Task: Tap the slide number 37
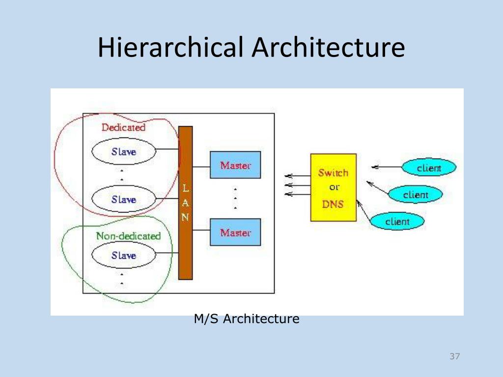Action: (x=454, y=356)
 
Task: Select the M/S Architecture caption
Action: (x=247, y=319)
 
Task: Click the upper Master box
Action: (x=235, y=165)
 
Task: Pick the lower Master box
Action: (x=235, y=232)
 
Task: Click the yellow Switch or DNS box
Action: (x=334, y=188)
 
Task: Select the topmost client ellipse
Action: (x=429, y=168)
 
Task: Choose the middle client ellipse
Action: (x=416, y=195)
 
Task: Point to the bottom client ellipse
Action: (x=397, y=221)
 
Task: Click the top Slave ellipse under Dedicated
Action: (x=124, y=151)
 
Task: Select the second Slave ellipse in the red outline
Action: (x=124, y=199)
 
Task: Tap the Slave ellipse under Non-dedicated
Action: (x=124, y=255)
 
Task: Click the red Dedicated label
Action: (x=123, y=128)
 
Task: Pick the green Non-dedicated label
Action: (x=128, y=236)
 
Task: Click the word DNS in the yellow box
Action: (x=333, y=204)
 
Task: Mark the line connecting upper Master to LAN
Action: (x=201, y=165)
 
